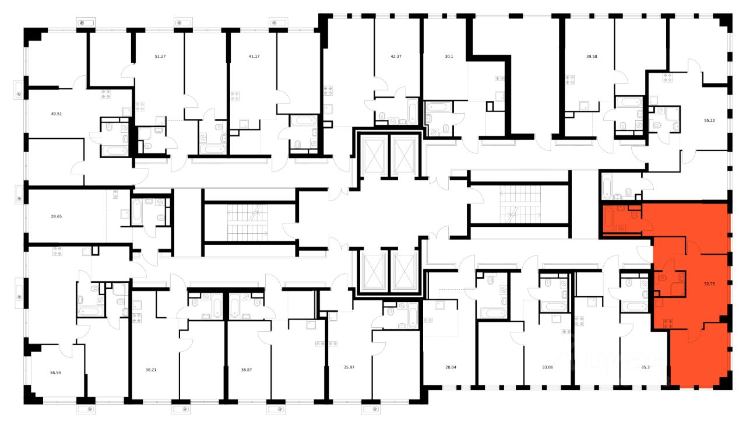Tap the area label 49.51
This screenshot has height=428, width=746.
57,114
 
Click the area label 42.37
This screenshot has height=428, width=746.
396,57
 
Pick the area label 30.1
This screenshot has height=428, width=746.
449,57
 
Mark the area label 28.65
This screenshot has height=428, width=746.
57,216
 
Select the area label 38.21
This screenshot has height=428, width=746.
151,370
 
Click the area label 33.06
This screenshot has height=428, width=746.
548,367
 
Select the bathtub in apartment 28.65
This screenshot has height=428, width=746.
137,212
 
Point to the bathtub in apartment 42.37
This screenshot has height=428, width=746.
412,111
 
